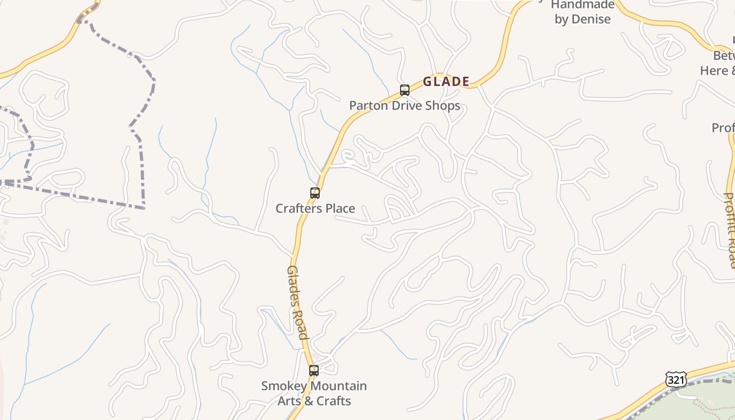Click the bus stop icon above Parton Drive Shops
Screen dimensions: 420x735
(404, 90)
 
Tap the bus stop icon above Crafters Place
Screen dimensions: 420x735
(315, 193)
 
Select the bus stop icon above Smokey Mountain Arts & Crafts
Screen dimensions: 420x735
(314, 371)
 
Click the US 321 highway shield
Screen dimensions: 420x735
(676, 380)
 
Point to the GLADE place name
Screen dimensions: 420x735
(446, 82)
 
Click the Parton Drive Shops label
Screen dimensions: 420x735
(405, 106)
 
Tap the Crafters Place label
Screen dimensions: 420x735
(316, 208)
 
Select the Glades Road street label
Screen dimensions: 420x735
(297, 302)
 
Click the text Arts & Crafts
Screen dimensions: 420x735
(314, 401)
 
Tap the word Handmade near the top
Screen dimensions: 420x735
(583, 5)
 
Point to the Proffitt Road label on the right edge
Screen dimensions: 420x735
(730, 231)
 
